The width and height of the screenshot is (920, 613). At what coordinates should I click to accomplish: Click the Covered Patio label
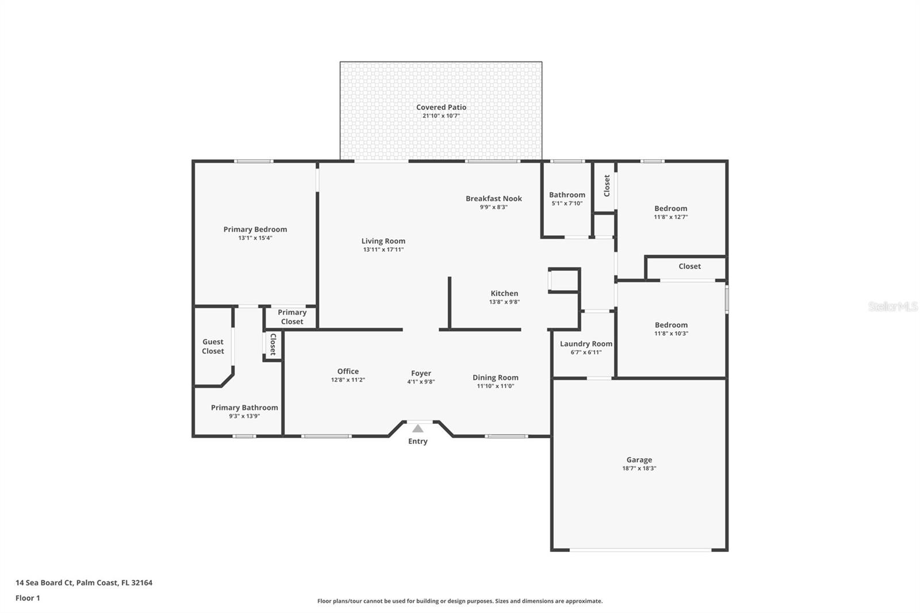pos(441,107)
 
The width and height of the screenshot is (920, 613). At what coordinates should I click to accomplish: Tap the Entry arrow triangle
pos(418,429)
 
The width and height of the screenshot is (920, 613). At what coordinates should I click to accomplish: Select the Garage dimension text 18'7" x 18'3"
pos(639,468)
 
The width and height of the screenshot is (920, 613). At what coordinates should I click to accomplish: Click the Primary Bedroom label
pos(255,229)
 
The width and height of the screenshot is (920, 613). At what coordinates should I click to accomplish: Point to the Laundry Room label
pos(586,343)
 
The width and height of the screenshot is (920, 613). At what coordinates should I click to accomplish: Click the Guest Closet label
pos(213,346)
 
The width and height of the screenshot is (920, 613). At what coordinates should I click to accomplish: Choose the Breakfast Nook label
pos(493,198)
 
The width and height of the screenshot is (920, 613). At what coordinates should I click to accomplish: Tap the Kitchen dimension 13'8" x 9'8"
pos(504,302)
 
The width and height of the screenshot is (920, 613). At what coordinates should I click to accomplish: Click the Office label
pos(348,371)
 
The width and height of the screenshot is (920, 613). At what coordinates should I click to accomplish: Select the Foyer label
pos(421,373)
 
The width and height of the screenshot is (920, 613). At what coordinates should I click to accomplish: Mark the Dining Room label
pos(495,377)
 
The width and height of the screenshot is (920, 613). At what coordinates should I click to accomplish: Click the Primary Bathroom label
pos(244,407)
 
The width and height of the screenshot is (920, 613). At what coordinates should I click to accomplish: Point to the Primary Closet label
pos(292,317)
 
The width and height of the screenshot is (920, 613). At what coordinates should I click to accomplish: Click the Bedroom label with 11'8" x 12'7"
pos(670,208)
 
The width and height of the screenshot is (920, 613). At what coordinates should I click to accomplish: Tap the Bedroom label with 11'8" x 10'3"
pos(670,324)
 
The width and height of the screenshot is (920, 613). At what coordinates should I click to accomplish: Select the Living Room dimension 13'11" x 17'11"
pos(383,250)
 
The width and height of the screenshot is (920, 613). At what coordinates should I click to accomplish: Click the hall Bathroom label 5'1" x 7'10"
pos(567,195)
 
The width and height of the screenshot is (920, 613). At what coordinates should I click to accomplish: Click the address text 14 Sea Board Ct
pos(44,583)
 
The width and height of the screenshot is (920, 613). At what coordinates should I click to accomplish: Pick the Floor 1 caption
pos(28,598)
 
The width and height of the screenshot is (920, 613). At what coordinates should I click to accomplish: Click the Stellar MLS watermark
pos(892,306)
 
